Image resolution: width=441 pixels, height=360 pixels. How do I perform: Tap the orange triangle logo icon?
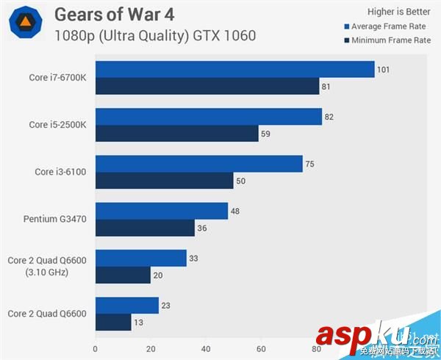tap(25, 24)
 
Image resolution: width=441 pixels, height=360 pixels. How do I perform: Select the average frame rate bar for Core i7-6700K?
tap(235, 70)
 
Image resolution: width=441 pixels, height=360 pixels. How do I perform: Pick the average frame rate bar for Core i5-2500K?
tap(209, 117)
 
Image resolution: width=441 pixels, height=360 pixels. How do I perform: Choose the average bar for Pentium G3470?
tap(162, 211)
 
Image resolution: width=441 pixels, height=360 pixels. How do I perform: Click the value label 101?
tap(383, 70)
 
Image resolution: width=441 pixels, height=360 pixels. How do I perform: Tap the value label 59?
tap(265, 134)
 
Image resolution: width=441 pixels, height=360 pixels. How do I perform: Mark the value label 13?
tap(138, 322)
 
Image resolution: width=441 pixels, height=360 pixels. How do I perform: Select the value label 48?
tap(236, 211)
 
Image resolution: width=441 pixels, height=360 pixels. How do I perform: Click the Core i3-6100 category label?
tap(61, 172)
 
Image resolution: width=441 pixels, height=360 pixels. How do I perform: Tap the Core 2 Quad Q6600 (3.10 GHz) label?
tap(46, 265)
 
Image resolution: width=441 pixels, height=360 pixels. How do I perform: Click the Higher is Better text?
tap(399, 11)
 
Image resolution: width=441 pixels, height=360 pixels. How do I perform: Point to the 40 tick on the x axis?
tap(206, 349)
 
